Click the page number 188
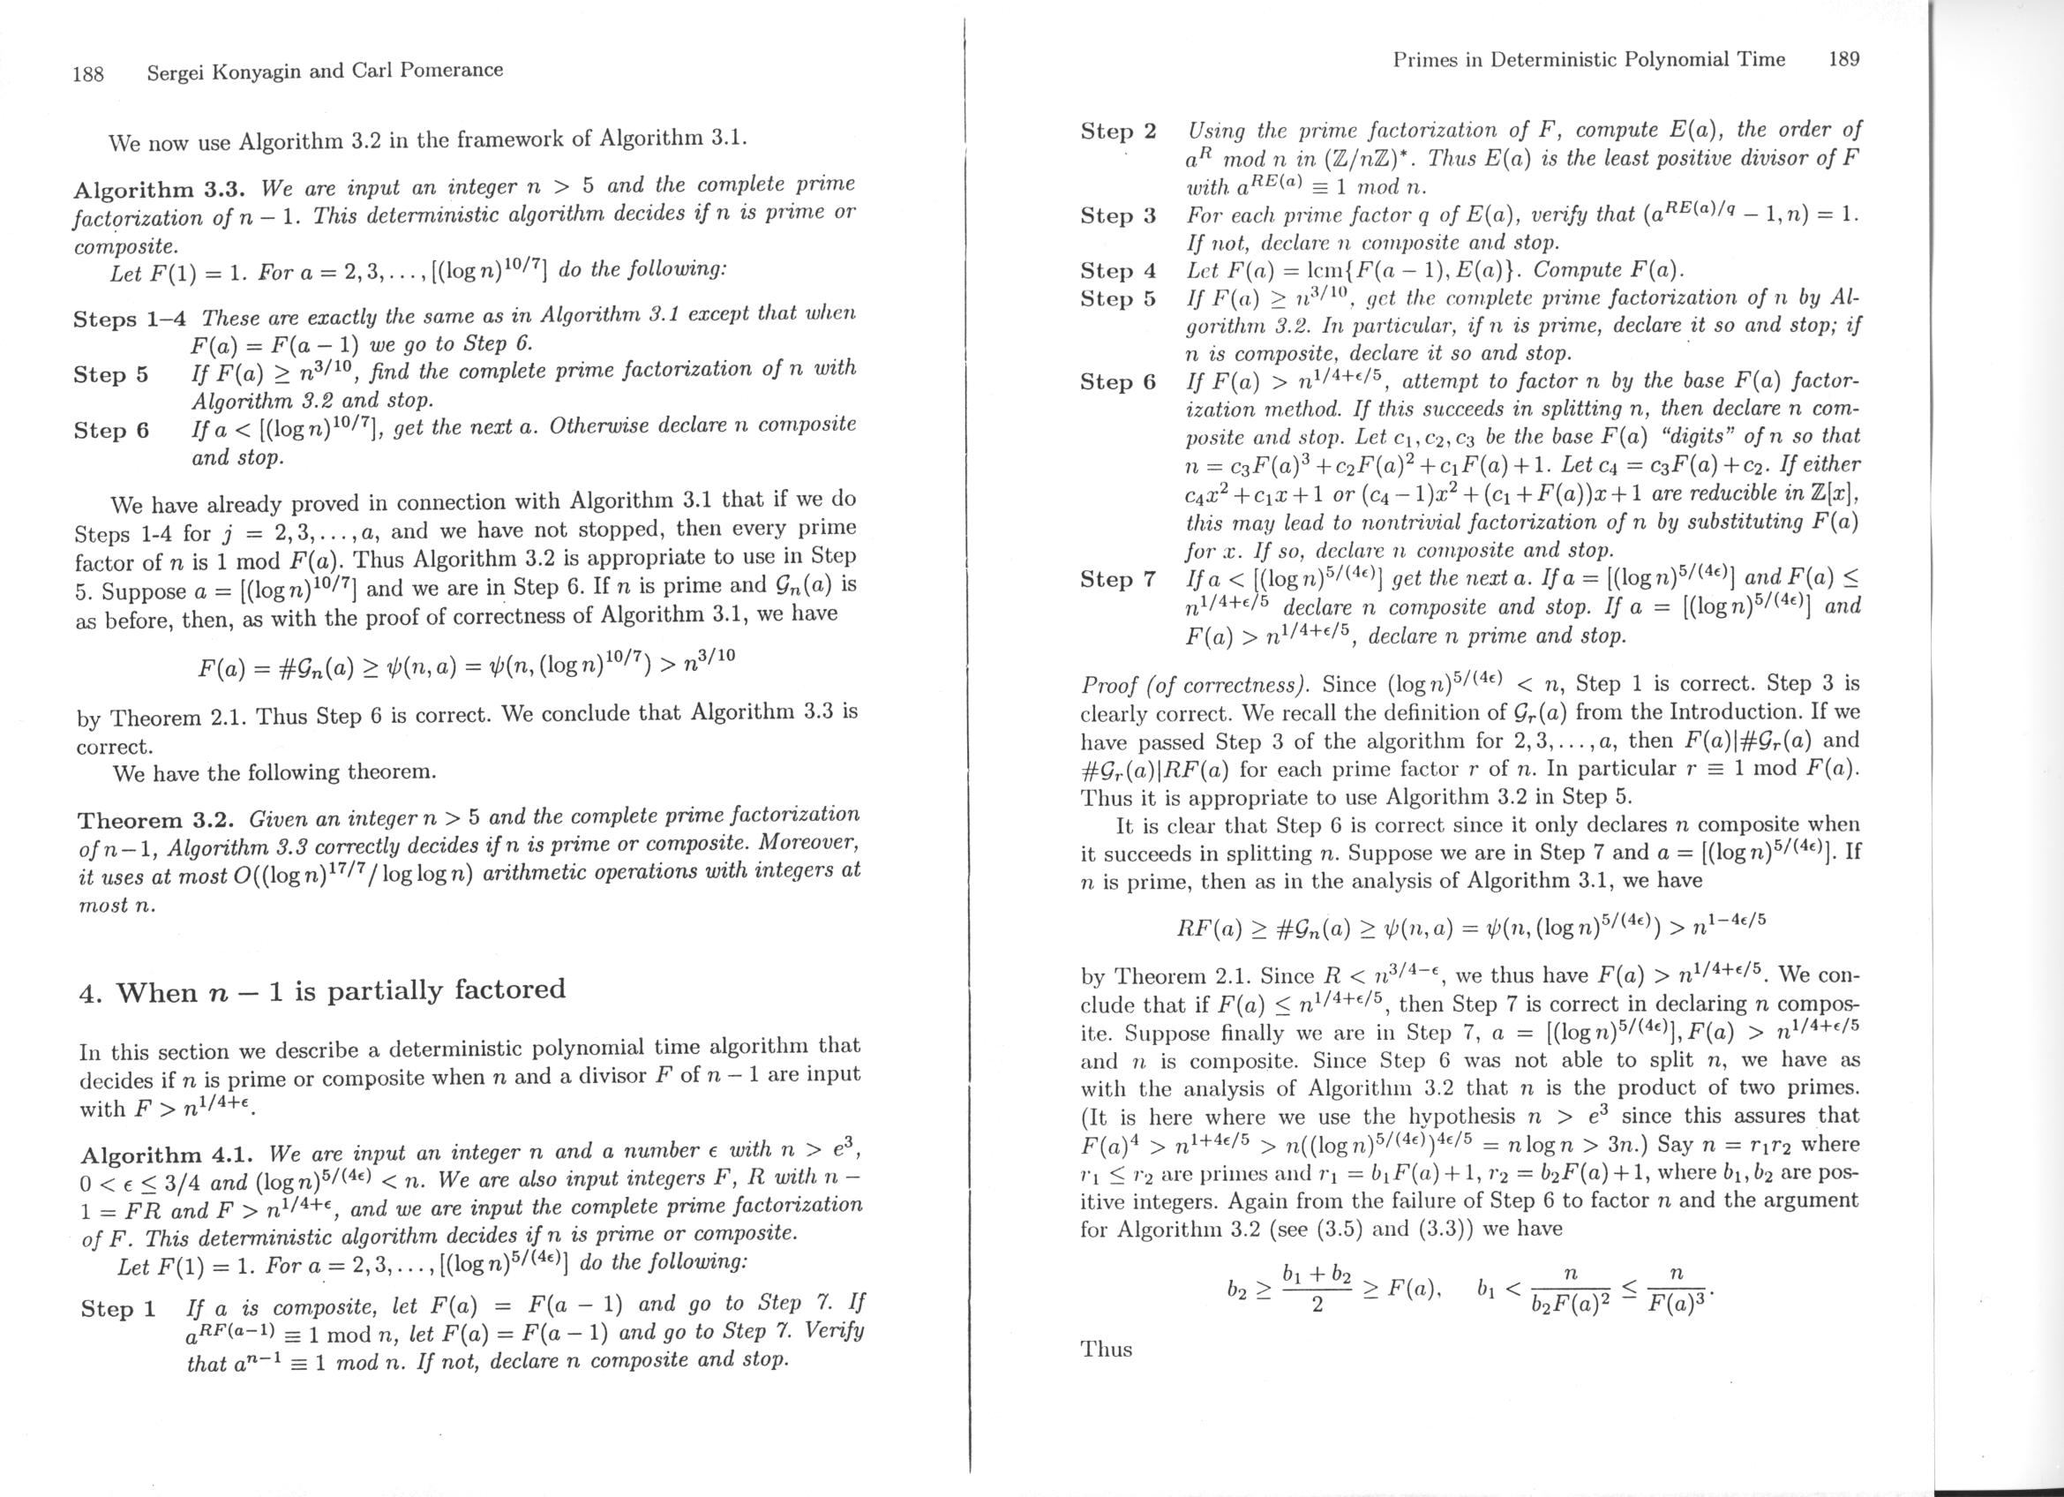pyautogui.click(x=88, y=72)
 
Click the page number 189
pyautogui.click(x=1843, y=60)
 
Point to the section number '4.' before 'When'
pyautogui.click(x=88, y=993)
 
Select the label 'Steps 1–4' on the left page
pyautogui.click(x=130, y=320)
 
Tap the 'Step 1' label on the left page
pyautogui.click(x=117, y=1310)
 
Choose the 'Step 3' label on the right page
pyautogui.click(x=1117, y=215)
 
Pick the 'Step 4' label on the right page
pyautogui.click(x=1117, y=271)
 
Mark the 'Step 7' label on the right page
pyautogui.click(x=1117, y=580)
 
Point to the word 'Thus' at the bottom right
pyautogui.click(x=1106, y=1350)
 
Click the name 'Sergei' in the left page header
pyautogui.click(x=176, y=71)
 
